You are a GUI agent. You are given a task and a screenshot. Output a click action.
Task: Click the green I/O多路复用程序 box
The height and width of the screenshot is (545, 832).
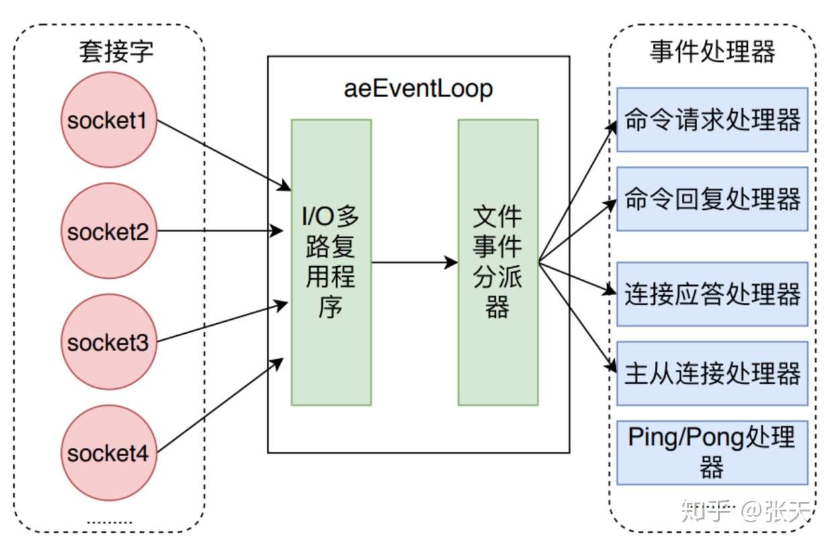pyautogui.click(x=331, y=262)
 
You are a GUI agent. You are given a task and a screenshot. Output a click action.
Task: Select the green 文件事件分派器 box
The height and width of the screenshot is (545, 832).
pyautogui.click(x=498, y=262)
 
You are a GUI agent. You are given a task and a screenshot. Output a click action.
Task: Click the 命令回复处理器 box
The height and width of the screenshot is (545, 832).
pyautogui.click(x=712, y=199)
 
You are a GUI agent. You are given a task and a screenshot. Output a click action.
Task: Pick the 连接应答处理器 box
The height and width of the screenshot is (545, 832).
pyautogui.click(x=712, y=294)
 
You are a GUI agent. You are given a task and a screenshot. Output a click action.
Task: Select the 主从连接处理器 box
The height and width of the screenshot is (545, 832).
pyautogui.click(x=712, y=373)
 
